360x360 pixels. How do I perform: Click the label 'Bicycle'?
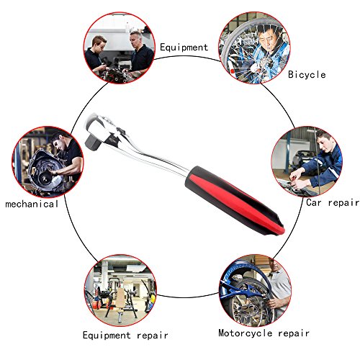coord(307,75)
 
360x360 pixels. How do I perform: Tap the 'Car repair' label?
coord(333,202)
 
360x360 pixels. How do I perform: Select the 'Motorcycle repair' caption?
coord(264,333)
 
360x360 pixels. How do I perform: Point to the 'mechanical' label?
coord(32,204)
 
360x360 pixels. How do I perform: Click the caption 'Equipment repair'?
coord(125,335)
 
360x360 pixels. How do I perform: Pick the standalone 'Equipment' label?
coord(184,48)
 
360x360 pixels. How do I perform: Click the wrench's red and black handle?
coord(235,201)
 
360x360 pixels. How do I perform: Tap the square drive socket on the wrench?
coord(93,142)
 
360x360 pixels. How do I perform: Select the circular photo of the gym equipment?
coord(120,290)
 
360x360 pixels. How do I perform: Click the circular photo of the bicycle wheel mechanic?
coord(254,48)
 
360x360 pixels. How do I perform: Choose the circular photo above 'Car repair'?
coord(307,161)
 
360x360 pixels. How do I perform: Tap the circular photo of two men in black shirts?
coord(120,48)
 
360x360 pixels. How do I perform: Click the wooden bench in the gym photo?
coord(120,297)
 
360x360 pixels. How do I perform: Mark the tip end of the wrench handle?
coord(283,231)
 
